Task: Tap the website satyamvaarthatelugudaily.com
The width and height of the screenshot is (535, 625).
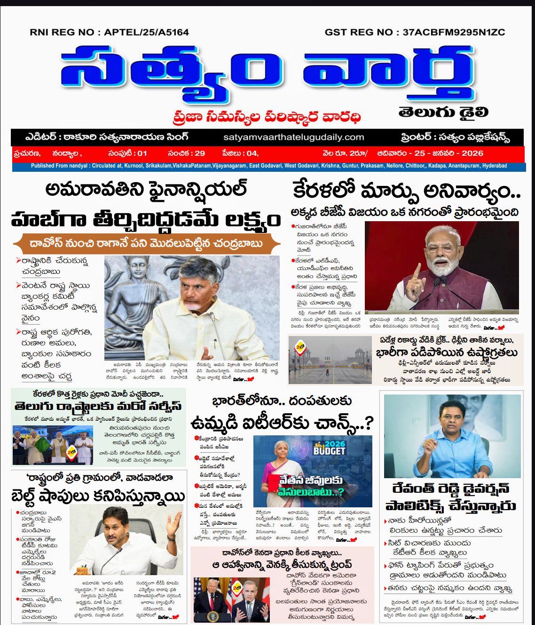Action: [x=294, y=137]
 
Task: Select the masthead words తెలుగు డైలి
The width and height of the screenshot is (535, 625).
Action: [x=443, y=112]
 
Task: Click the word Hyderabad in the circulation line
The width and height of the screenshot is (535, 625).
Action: [x=495, y=166]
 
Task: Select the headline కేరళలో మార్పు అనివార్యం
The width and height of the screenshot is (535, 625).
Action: [x=406, y=191]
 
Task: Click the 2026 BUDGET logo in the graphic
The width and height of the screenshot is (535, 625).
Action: [x=329, y=448]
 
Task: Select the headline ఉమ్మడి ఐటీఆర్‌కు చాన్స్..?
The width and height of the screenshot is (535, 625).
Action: [x=282, y=423]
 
